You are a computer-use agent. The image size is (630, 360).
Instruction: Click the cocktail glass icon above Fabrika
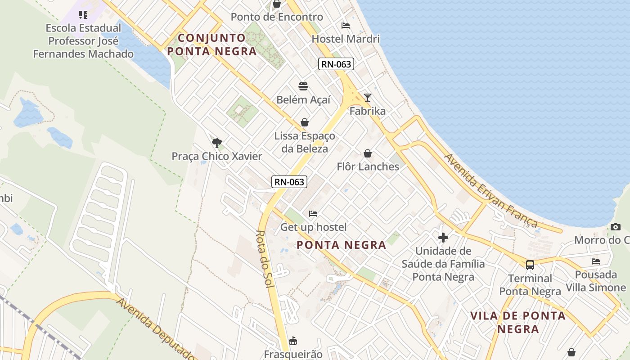tap(368, 97)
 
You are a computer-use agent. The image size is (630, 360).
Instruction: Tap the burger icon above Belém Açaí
tap(303, 86)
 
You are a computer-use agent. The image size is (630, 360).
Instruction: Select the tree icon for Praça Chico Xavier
tap(217, 143)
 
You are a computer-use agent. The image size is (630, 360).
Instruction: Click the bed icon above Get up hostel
tap(313, 213)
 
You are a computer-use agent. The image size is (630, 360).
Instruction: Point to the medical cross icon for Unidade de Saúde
tap(443, 237)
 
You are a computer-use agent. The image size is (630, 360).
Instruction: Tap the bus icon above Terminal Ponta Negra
tap(530, 265)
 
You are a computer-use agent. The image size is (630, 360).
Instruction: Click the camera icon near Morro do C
tap(616, 227)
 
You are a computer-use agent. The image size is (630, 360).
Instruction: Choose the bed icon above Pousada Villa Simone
tap(596, 261)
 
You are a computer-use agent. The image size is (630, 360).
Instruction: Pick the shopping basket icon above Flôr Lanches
tap(368, 153)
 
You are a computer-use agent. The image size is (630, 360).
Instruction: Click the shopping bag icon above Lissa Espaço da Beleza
tap(305, 122)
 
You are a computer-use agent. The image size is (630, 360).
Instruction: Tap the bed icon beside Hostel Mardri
tap(346, 25)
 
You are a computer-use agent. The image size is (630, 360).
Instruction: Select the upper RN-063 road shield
tap(337, 64)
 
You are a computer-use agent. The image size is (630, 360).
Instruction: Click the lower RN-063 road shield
tap(289, 182)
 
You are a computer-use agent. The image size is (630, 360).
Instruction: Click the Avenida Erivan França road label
tap(490, 191)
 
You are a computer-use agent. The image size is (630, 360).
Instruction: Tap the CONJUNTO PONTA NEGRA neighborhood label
tap(212, 44)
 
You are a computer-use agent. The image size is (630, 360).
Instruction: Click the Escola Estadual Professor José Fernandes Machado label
tap(83, 41)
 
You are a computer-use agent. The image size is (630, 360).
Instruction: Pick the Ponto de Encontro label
tap(277, 17)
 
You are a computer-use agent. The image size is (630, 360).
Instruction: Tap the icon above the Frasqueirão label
tap(293, 341)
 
